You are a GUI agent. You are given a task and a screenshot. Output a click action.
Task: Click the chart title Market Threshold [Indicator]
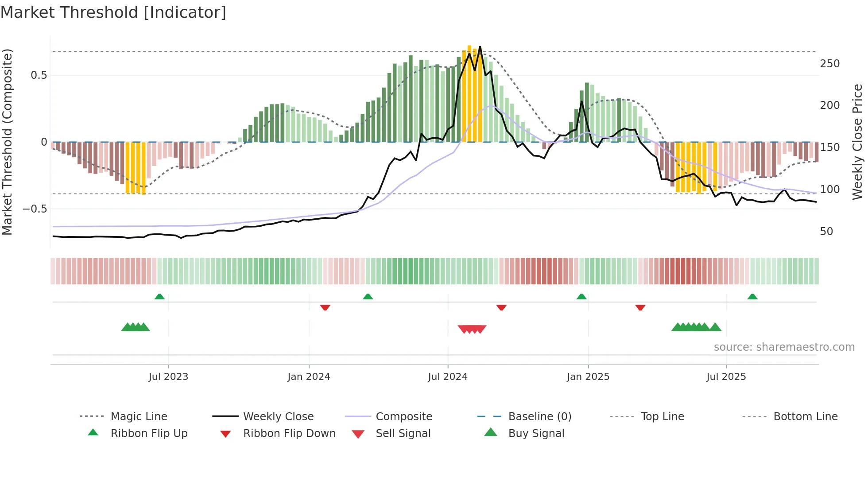point(113,12)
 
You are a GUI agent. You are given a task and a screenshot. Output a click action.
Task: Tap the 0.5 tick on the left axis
point(39,75)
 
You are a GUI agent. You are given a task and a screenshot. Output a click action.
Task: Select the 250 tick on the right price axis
point(829,64)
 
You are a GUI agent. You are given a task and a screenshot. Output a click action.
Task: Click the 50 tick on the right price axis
point(826,232)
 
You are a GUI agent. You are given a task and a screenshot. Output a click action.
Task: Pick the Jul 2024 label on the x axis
point(447,377)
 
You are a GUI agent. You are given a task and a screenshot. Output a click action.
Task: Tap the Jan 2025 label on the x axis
point(588,377)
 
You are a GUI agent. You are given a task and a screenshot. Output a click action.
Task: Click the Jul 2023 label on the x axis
point(168,377)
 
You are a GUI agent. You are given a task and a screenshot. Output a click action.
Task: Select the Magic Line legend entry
point(139,417)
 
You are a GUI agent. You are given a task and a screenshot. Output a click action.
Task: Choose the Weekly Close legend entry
point(278,417)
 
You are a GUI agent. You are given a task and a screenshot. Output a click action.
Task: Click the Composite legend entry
point(403,417)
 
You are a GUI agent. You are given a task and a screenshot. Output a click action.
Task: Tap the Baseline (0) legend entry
point(539,417)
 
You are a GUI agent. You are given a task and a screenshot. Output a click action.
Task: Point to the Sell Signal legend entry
point(403,434)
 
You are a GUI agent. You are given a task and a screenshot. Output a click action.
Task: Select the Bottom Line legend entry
point(805,417)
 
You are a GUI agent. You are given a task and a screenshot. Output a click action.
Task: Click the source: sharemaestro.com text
point(784,347)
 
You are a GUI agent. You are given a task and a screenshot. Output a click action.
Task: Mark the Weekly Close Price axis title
point(857,142)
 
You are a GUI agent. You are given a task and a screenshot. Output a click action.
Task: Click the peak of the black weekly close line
point(480,47)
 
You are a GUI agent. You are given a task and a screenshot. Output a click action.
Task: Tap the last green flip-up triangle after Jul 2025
point(752,297)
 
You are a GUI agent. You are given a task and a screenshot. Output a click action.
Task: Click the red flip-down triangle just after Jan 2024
point(325,307)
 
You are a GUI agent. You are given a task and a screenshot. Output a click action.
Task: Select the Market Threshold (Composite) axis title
point(7,142)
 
